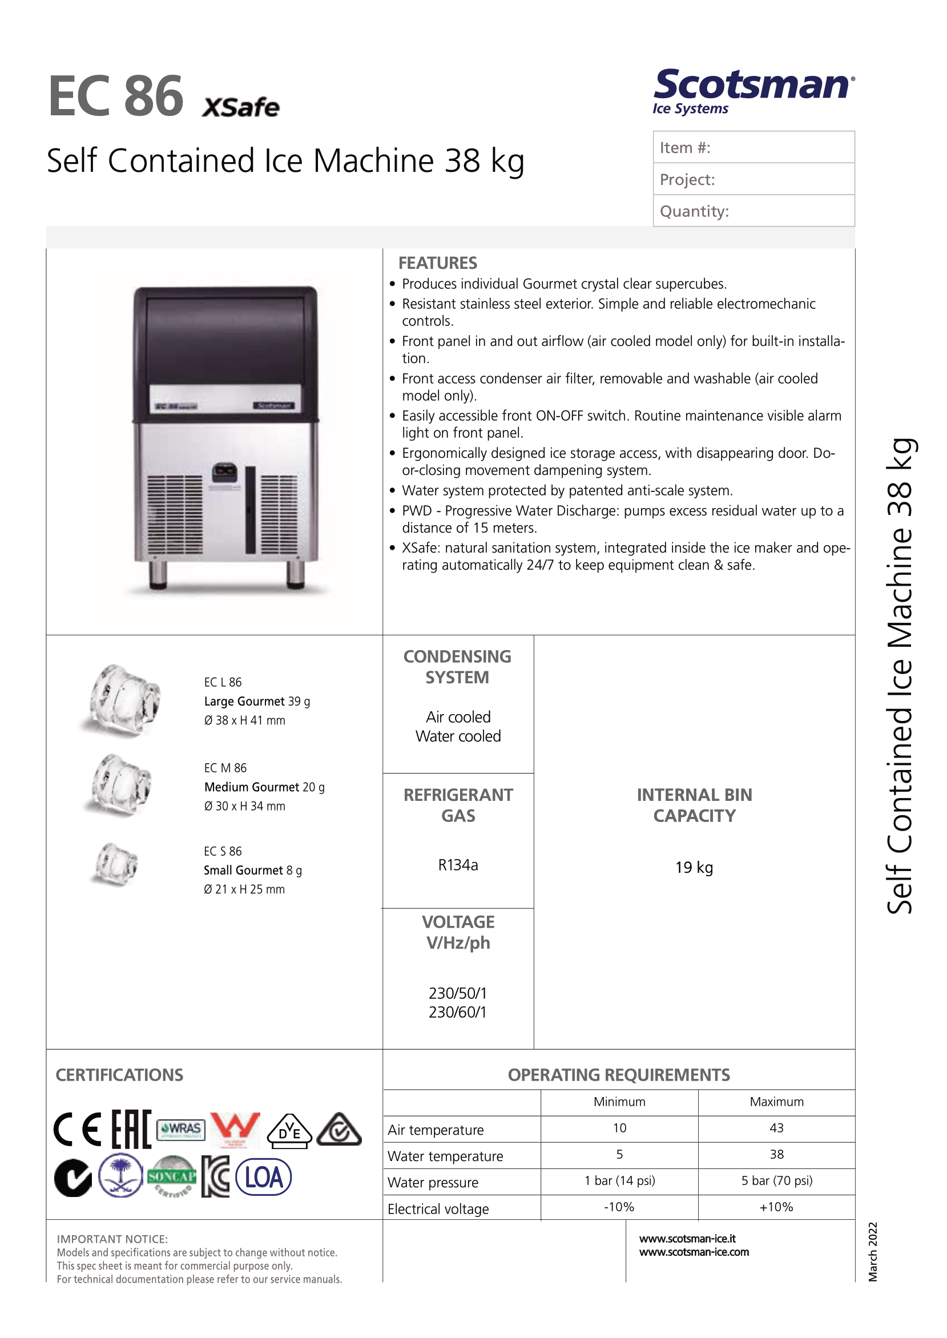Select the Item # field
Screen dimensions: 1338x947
coord(753,147)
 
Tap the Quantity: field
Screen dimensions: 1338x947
coord(753,211)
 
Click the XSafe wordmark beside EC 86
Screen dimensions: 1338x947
coord(240,108)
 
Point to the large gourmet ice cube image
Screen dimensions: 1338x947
coord(120,700)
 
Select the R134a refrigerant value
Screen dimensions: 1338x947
coord(458,865)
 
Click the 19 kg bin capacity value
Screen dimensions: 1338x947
coord(694,868)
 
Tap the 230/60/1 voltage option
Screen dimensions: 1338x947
coord(457,1012)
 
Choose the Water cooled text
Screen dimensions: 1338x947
coord(458,736)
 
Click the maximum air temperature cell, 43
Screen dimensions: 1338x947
coord(776,1128)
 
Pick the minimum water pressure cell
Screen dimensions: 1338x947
coord(619,1180)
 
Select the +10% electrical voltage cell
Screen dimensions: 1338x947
coord(776,1207)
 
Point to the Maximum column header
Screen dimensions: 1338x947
coord(776,1102)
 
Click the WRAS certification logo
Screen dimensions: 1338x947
coord(181,1129)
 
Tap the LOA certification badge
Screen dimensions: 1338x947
coord(263,1177)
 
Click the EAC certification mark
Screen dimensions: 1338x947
coord(131,1129)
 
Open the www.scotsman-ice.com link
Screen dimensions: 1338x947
coord(694,1252)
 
